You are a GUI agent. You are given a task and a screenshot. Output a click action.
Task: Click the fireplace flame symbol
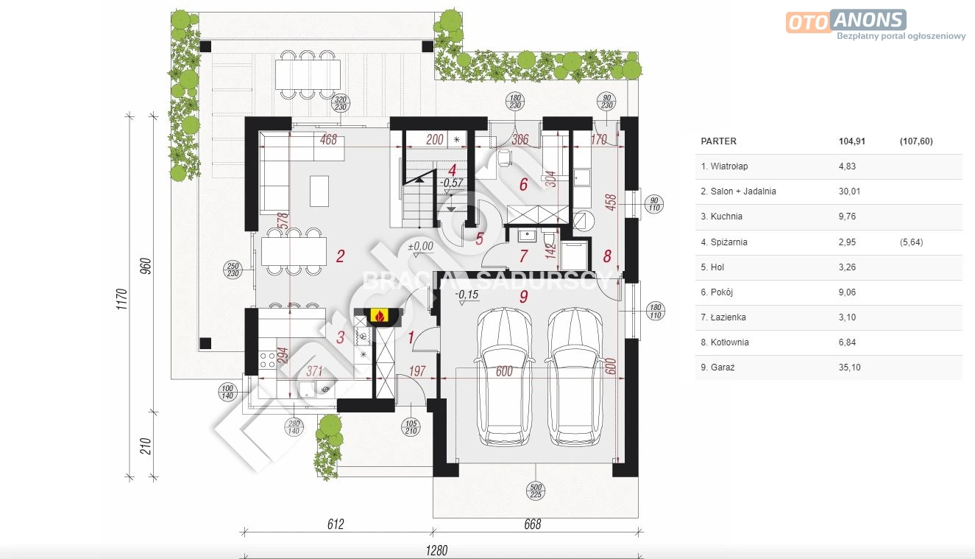click(x=379, y=315)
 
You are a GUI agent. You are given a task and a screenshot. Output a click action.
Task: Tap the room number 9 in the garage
click(x=524, y=296)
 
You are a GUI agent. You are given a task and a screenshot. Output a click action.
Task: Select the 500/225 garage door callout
click(x=536, y=491)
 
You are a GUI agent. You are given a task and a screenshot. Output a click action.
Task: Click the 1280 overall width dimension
click(x=436, y=551)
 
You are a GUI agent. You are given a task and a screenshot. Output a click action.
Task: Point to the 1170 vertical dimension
click(x=122, y=299)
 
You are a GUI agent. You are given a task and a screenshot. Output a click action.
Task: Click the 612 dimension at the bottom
click(x=336, y=524)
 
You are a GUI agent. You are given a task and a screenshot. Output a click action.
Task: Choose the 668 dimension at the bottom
click(x=532, y=524)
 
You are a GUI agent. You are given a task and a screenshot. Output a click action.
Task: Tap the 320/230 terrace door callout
click(x=341, y=103)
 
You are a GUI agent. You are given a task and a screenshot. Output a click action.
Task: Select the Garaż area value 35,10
click(x=850, y=368)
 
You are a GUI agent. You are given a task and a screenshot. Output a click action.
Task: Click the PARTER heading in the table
click(x=719, y=141)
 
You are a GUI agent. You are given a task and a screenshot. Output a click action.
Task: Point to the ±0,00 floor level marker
click(x=420, y=247)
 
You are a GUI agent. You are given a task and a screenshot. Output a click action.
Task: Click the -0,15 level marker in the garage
click(x=467, y=295)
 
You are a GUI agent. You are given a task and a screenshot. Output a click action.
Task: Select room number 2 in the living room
click(x=341, y=256)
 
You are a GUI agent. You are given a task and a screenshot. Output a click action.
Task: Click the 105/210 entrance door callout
click(x=411, y=427)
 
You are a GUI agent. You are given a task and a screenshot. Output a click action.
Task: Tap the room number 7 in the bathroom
click(x=524, y=256)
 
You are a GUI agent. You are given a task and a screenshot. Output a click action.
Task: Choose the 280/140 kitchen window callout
click(x=294, y=427)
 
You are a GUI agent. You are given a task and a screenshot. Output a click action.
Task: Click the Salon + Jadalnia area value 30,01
click(x=850, y=191)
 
